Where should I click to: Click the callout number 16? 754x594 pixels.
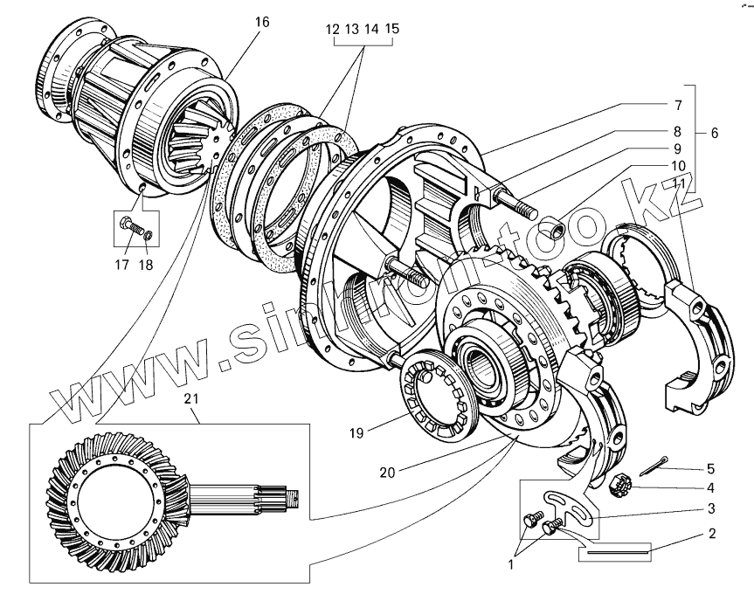[x=262, y=22]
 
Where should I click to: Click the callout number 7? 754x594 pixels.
[x=677, y=105]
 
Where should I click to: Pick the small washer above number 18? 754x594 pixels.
[x=149, y=234]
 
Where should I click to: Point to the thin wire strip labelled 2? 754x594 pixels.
[x=617, y=552]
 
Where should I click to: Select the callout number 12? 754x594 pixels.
[x=332, y=29]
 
